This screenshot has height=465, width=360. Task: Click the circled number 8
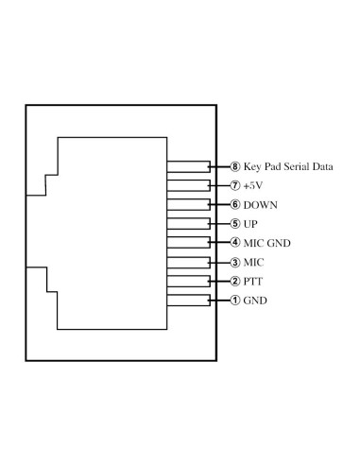pyautogui.click(x=235, y=166)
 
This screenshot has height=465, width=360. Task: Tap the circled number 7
pyautogui.click(x=235, y=185)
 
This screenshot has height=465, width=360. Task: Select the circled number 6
pyautogui.click(x=235, y=205)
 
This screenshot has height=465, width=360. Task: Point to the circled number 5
pyautogui.click(x=235, y=224)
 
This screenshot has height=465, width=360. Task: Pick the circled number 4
pyautogui.click(x=235, y=243)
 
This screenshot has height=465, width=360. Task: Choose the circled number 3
pyautogui.click(x=235, y=262)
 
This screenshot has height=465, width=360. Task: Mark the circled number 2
pyautogui.click(x=235, y=282)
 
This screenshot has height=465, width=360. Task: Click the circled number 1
pyautogui.click(x=235, y=301)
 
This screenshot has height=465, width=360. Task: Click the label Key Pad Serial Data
pyautogui.click(x=288, y=166)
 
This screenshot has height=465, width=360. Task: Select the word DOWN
pyautogui.click(x=261, y=205)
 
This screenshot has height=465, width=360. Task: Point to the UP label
pyautogui.click(x=251, y=224)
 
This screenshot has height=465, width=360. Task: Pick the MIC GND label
pyautogui.click(x=266, y=243)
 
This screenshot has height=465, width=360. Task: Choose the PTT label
pyautogui.click(x=253, y=282)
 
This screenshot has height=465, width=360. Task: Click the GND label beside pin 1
pyautogui.click(x=255, y=301)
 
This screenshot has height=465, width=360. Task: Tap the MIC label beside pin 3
pyautogui.click(x=254, y=262)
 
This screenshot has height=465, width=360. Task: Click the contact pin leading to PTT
pyautogui.click(x=189, y=282)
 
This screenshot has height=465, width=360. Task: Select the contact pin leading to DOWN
pyautogui.click(x=189, y=205)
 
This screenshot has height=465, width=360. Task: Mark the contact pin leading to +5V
pyautogui.click(x=189, y=185)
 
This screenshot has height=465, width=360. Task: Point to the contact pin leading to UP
pyautogui.click(x=189, y=224)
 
